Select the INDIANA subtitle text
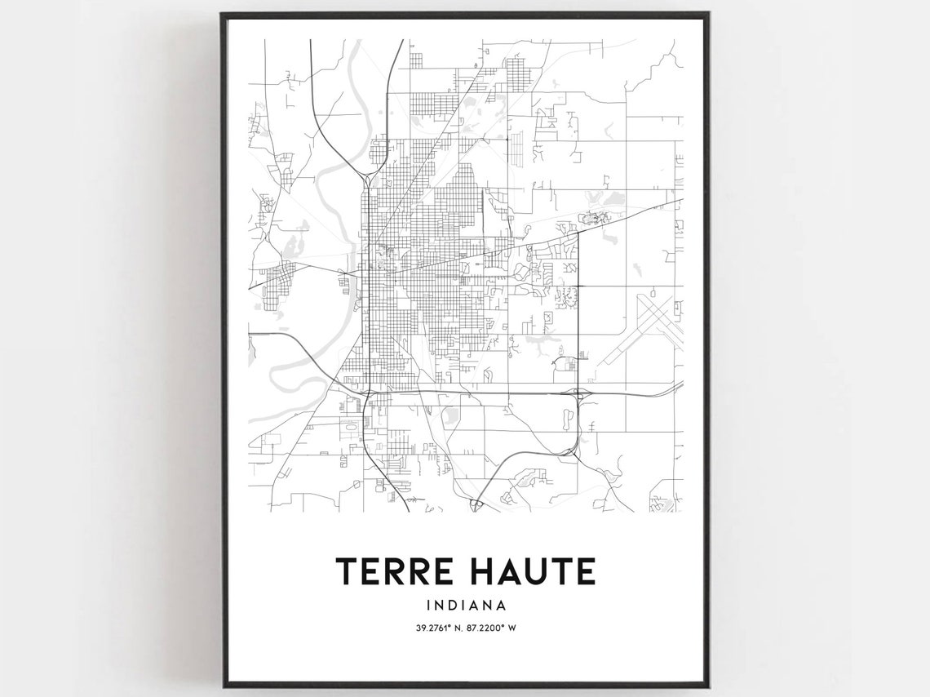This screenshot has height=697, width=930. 466,606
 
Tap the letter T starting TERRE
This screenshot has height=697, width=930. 347,571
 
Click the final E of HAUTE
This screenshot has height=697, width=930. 585,571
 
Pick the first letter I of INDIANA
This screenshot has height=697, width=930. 428,606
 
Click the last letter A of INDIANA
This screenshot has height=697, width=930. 500,606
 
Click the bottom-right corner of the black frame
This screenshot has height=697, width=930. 707,685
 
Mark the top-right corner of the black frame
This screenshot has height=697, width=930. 707,14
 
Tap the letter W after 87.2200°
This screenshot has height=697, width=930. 516,628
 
